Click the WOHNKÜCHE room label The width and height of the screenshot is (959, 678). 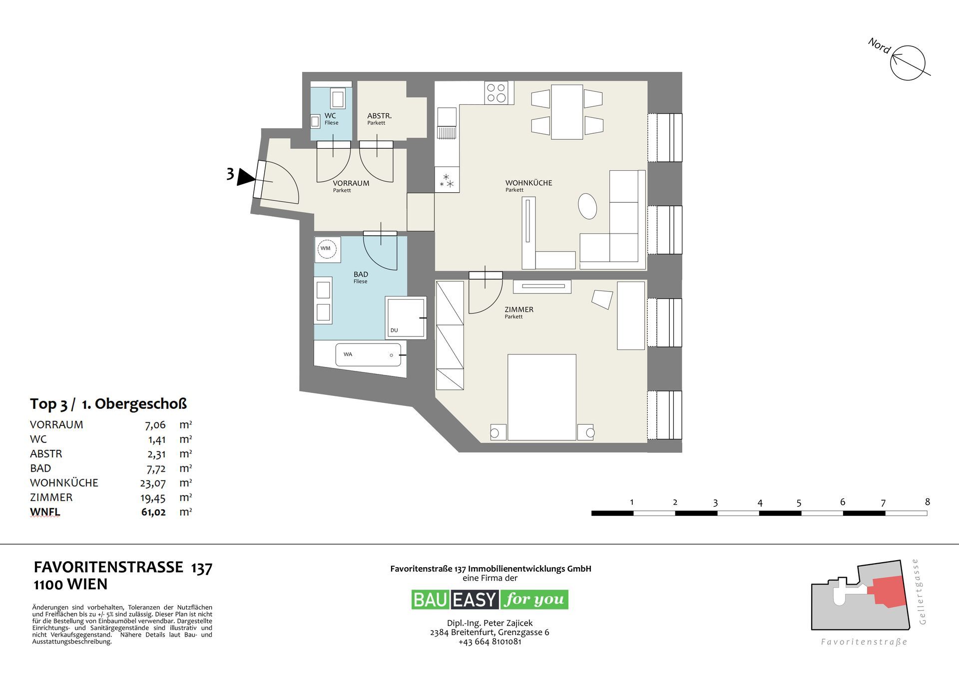point(528,183)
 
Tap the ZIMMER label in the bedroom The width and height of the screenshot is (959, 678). point(519,310)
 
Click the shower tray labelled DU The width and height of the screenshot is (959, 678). point(406,318)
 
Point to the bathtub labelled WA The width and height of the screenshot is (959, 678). point(369,354)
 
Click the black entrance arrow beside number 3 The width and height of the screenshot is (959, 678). point(245,177)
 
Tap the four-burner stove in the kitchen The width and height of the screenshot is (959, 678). point(496,93)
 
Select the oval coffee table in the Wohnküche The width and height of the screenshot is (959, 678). point(587,206)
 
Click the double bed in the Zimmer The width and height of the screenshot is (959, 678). point(541,397)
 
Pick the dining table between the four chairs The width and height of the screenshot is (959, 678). point(567,112)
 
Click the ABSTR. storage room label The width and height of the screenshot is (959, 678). point(379,116)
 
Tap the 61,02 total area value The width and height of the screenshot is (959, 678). point(153,512)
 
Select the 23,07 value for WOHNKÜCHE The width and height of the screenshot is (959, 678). point(153,483)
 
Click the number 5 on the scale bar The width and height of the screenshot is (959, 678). point(799,503)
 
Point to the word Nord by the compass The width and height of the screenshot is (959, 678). point(879,46)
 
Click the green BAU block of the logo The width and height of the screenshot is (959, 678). point(430,600)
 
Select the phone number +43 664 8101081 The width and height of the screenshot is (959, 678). point(489,642)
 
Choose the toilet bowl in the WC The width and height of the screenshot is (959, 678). point(338,98)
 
